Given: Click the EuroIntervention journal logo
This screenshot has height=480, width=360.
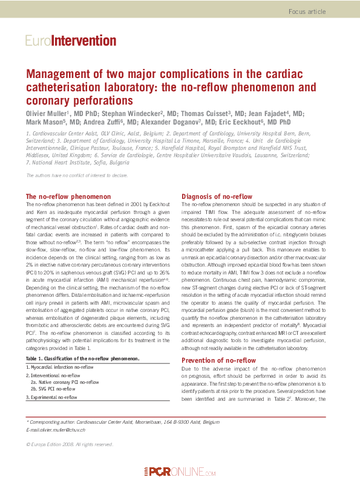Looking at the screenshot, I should (x=71, y=41).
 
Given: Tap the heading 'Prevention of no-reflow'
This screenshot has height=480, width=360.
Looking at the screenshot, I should (x=219, y=361).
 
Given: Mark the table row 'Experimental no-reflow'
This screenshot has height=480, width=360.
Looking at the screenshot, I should (x=51, y=397).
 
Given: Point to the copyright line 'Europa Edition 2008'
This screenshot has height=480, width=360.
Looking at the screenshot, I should (x=70, y=444).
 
